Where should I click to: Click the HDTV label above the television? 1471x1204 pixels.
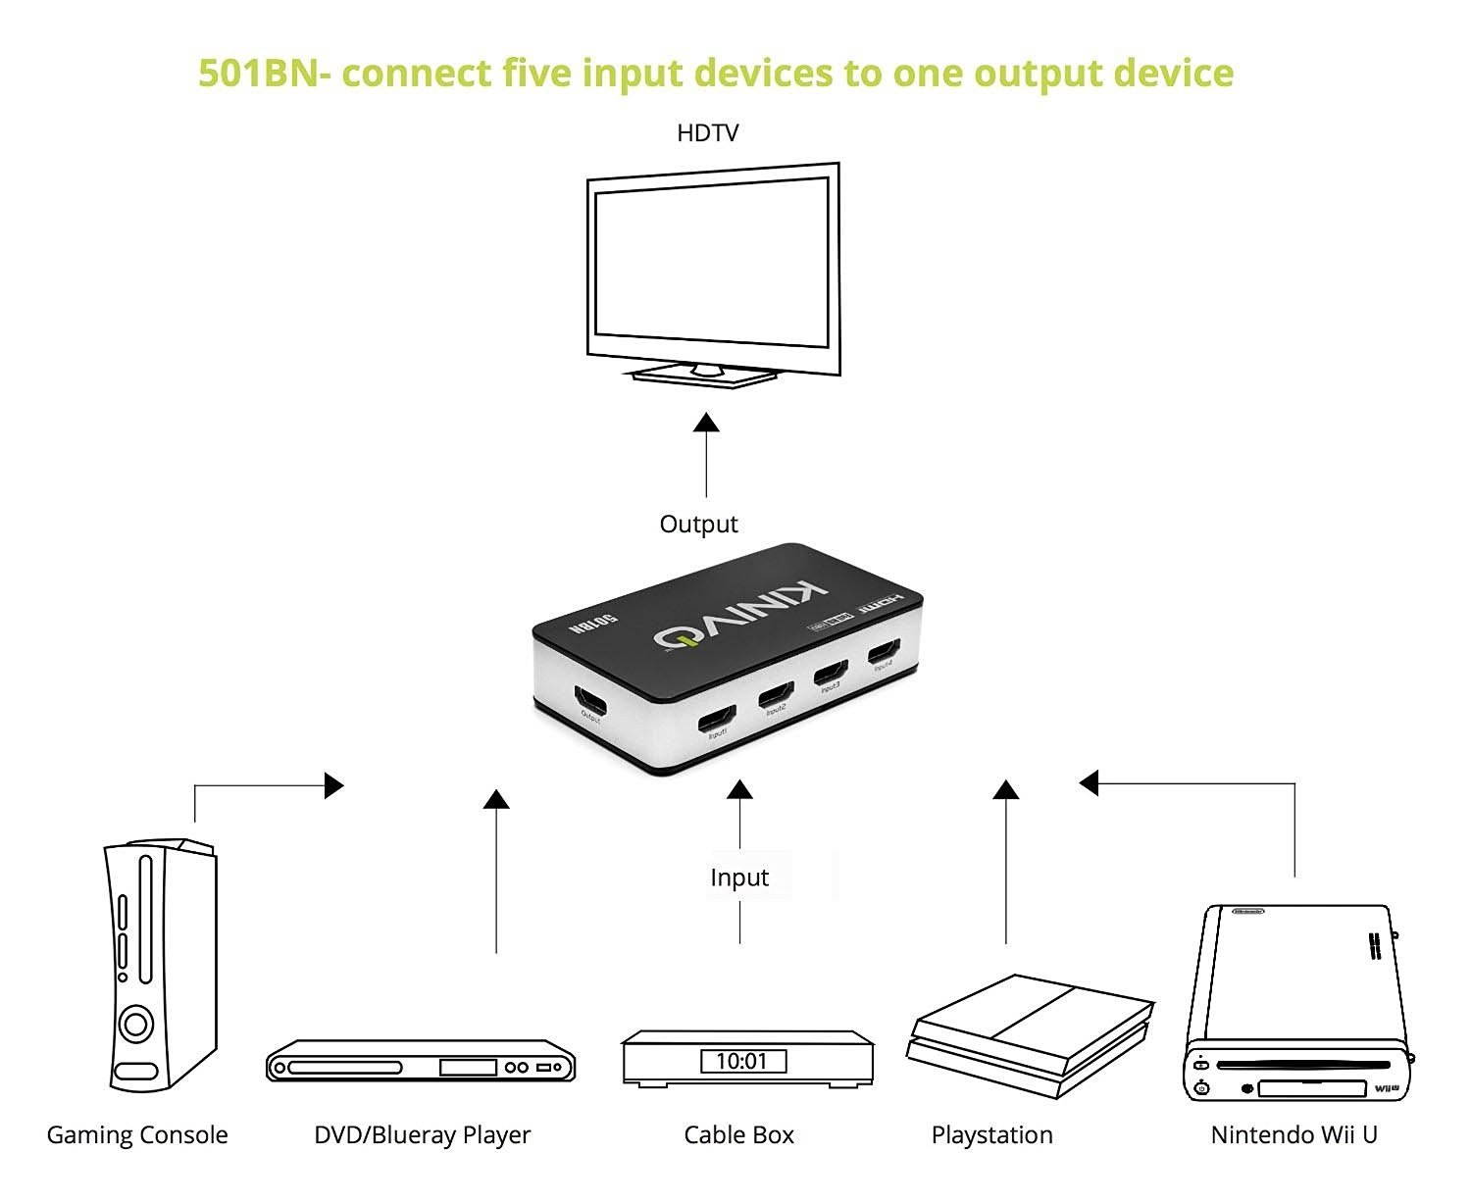[707, 133]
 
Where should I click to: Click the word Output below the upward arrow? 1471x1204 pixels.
[698, 525]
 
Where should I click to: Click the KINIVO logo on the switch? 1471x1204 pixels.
[741, 613]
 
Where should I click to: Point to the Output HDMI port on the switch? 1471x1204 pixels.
[590, 701]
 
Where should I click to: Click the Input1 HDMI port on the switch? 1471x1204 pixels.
[716, 721]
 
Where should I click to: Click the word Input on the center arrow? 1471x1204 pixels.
[739, 878]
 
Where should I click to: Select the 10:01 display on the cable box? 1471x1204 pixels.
[742, 1061]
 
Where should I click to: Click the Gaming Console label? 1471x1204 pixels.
[137, 1135]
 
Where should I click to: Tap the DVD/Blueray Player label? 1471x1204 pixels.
[422, 1135]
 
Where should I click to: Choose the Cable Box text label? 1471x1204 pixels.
[739, 1135]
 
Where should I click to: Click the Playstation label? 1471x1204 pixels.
[991, 1135]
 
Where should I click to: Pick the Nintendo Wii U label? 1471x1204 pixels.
[1293, 1135]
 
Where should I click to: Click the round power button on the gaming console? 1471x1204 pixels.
[135, 1026]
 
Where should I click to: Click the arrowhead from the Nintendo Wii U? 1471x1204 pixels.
[1089, 782]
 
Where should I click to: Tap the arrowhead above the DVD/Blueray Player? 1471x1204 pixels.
[497, 799]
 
